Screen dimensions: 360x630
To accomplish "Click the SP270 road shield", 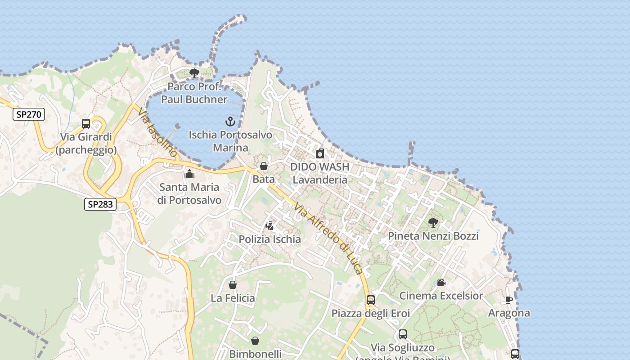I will tap(28, 114).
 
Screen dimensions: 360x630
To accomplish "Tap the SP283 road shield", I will tap(100, 204).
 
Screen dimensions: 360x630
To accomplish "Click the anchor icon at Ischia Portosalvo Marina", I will tap(230, 121).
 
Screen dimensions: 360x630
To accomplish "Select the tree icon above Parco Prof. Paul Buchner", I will tap(194, 73).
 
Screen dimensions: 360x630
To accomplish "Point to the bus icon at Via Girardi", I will tap(86, 124).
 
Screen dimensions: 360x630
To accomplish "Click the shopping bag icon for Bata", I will tap(264, 166).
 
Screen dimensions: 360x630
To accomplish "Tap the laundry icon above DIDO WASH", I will tap(320, 153).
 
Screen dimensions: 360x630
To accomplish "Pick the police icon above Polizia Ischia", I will tap(270, 226).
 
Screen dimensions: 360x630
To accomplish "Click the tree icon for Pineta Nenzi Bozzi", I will tap(433, 223).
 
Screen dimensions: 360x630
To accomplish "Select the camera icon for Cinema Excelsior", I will tap(441, 283).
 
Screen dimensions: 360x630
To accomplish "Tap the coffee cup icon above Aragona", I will tap(509, 300).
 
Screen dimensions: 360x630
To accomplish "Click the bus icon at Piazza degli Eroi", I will tap(371, 300).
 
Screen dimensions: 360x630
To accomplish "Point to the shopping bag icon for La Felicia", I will tap(233, 285).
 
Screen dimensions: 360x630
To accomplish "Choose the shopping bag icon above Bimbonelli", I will tap(255, 341).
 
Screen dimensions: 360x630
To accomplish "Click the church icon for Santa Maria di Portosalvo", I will tap(189, 174).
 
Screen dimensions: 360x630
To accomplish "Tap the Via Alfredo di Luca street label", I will tap(328, 238).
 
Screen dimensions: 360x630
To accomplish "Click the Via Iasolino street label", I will tap(158, 133).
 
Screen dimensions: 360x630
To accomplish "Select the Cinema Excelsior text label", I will tap(441, 296).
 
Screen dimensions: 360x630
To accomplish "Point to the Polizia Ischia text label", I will tap(270, 239).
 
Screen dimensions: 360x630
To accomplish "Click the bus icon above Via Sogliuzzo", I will tap(403, 334).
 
